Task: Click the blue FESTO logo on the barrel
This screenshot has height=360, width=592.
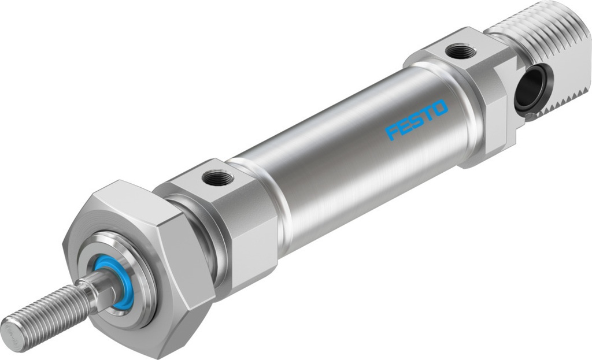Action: tap(416, 120)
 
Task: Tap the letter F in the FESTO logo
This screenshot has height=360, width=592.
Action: tap(393, 132)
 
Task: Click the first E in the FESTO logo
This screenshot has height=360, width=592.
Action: tap(404, 126)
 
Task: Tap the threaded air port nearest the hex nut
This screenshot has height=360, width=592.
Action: tap(218, 178)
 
